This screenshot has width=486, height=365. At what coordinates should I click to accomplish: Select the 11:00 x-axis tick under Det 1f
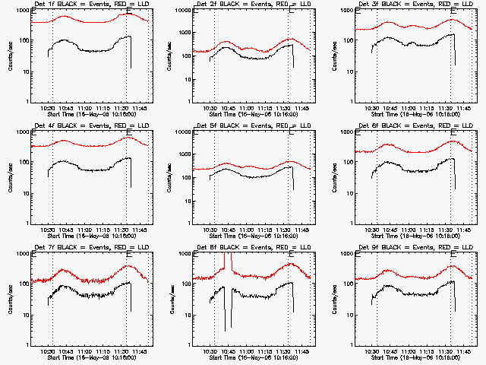[x=84, y=109]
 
